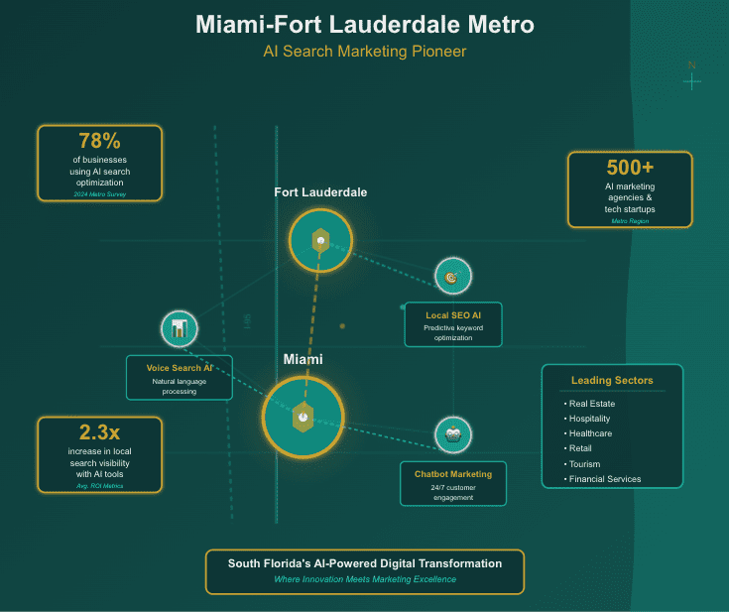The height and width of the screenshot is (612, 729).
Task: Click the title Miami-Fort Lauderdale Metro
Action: [364, 24]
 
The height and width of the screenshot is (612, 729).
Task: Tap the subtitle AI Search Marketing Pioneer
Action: [364, 51]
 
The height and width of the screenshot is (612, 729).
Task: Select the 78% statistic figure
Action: [98, 141]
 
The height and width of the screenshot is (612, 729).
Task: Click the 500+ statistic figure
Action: [630, 168]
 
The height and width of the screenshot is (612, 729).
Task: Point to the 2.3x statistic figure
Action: [99, 432]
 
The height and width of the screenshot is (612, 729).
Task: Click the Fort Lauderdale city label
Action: [320, 191]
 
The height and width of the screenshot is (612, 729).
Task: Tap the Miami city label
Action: [303, 359]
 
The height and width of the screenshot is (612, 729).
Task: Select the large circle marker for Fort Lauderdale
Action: [320, 239]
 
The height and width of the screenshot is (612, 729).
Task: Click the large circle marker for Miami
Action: [303, 418]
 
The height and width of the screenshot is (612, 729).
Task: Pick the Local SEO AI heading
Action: [453, 314]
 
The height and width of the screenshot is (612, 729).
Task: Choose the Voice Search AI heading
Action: [180, 368]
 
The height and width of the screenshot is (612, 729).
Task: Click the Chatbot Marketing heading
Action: [453, 474]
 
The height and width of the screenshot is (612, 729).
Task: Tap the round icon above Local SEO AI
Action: [452, 277]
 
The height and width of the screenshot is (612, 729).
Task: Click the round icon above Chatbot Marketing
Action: [453, 434]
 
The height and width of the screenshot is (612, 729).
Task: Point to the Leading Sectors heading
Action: [612, 380]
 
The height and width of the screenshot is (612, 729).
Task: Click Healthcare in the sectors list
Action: [591, 433]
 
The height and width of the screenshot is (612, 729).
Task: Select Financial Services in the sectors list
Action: [605, 479]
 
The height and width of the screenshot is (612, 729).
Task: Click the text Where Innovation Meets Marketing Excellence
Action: [365, 579]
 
